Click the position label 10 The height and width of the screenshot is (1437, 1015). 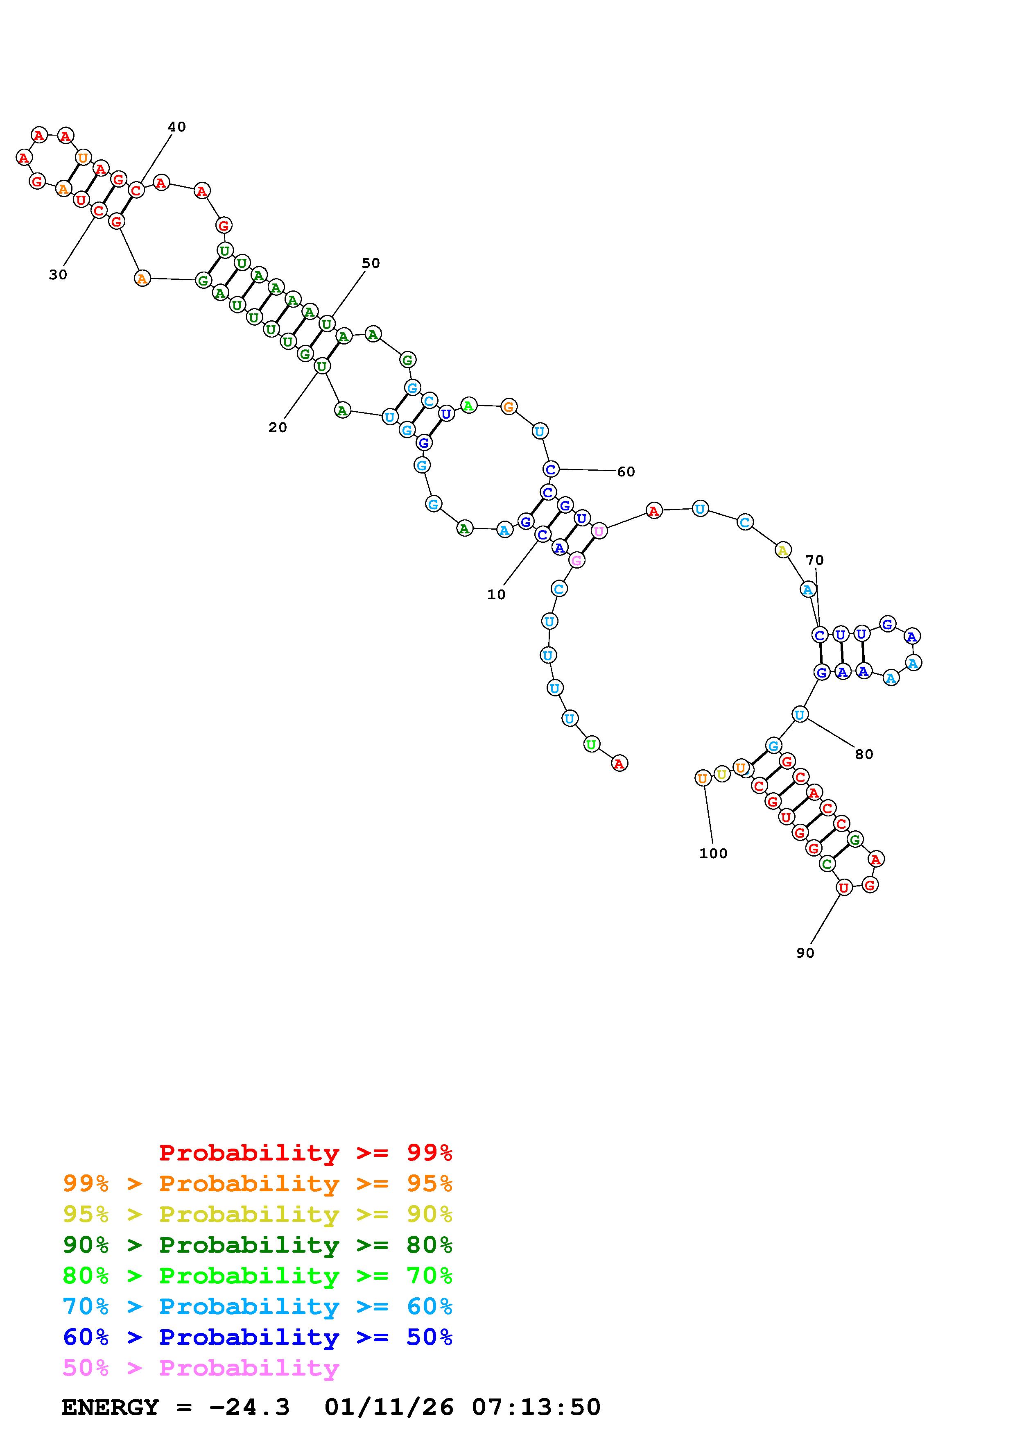496,594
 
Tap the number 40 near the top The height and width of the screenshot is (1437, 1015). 177,127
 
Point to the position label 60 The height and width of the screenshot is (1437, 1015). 626,472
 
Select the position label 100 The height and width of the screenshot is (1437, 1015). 713,854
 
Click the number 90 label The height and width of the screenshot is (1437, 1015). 805,952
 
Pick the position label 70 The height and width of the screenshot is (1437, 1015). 814,560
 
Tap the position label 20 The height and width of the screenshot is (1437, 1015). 278,428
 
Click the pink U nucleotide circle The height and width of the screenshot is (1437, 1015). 599,531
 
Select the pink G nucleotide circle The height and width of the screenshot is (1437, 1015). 576,560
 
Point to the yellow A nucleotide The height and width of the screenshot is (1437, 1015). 782,550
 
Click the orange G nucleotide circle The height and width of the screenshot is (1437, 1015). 509,407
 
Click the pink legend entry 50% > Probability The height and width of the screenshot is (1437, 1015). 201,1368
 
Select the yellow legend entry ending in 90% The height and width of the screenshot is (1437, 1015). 258,1214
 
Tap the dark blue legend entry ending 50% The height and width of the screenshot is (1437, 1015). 258,1337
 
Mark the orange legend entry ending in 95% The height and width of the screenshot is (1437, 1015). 258,1183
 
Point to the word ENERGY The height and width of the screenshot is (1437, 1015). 110,1408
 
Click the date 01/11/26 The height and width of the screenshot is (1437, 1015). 389,1408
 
